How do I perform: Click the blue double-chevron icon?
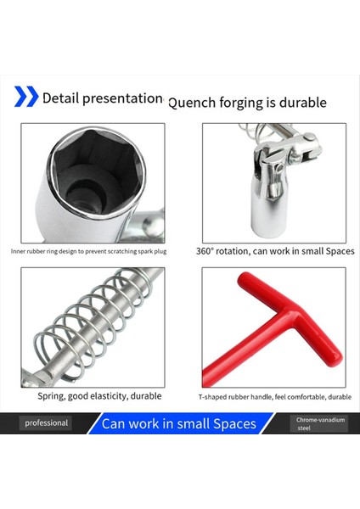(x=26, y=97)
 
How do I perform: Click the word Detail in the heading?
(x=61, y=98)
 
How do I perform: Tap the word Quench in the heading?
(x=194, y=103)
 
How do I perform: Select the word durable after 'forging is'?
(x=301, y=103)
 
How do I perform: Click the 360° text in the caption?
(x=206, y=251)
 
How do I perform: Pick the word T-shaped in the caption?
(x=216, y=396)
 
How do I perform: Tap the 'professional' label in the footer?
(x=46, y=422)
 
